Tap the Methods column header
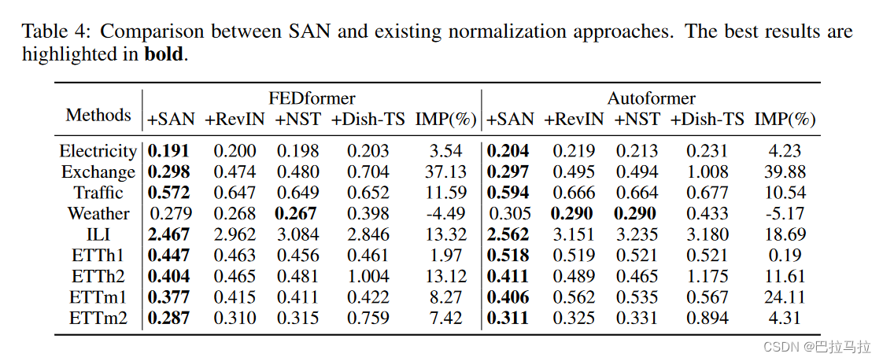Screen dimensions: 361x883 (x=98, y=115)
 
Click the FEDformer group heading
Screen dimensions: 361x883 (x=312, y=98)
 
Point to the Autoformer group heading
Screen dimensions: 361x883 (x=651, y=98)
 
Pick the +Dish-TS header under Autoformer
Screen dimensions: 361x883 (x=708, y=120)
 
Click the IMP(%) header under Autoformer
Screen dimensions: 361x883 (x=785, y=120)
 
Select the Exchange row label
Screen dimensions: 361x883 (x=98, y=171)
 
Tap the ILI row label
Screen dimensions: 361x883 (x=98, y=234)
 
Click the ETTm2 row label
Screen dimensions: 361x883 (x=98, y=319)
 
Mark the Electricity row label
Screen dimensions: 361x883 (x=98, y=150)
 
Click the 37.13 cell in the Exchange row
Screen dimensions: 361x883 (x=445, y=171)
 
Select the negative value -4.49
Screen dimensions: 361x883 (x=445, y=213)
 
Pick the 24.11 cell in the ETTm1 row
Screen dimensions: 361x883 (x=785, y=297)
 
